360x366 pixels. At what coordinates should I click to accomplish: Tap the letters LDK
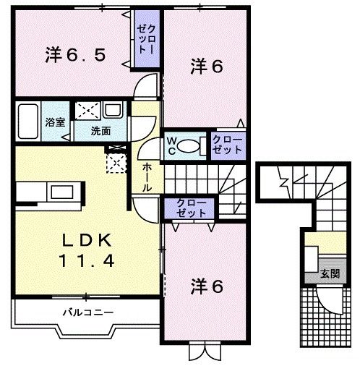(82, 241)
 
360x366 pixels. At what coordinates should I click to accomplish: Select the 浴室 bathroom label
(56, 122)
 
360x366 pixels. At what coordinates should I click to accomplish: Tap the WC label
(173, 145)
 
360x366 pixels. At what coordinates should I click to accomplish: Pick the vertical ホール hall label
(147, 176)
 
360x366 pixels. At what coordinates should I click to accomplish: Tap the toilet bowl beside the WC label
(189, 145)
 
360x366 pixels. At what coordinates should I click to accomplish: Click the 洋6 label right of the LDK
(206, 287)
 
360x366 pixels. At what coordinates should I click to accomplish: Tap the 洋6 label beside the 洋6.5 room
(206, 67)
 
